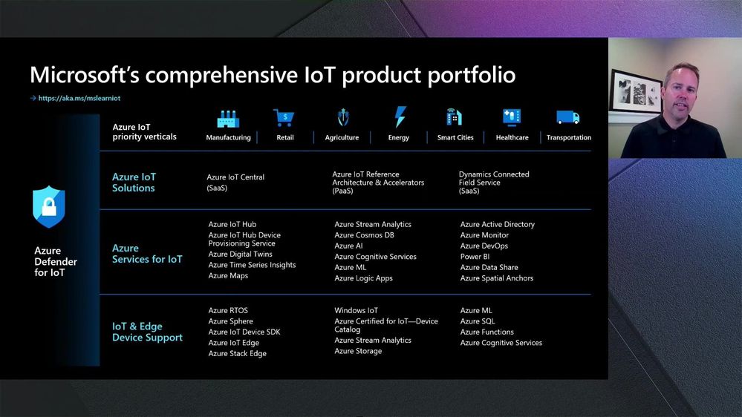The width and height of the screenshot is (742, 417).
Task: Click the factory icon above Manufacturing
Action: coord(228,119)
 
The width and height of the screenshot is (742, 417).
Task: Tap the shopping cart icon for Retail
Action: coord(284,118)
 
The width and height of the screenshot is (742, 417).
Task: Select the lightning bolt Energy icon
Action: coord(400,116)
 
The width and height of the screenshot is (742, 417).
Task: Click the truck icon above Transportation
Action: coord(568,117)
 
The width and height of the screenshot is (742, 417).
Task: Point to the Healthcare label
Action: coord(512,137)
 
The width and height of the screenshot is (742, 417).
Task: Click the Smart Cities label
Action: coord(455,137)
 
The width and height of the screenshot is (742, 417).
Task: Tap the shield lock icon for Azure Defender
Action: coord(49,206)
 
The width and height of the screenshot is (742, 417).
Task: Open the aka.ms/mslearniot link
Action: coord(79,99)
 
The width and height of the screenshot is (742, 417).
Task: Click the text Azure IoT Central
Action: coord(235,177)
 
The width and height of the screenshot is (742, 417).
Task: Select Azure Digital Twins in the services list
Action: coord(241,255)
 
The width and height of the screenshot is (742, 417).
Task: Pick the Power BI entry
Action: coord(475,257)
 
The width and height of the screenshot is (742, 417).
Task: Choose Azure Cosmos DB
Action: coord(364,235)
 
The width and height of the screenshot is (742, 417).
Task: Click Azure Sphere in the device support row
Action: coord(230,321)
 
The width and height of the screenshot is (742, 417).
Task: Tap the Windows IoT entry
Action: coord(356,311)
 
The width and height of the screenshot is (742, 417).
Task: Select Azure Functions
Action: coord(487,332)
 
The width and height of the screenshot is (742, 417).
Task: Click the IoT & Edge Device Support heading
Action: coord(147,332)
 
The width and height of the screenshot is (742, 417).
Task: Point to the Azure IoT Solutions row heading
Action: coord(134,183)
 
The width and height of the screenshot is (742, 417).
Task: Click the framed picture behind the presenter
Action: coord(637,92)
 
